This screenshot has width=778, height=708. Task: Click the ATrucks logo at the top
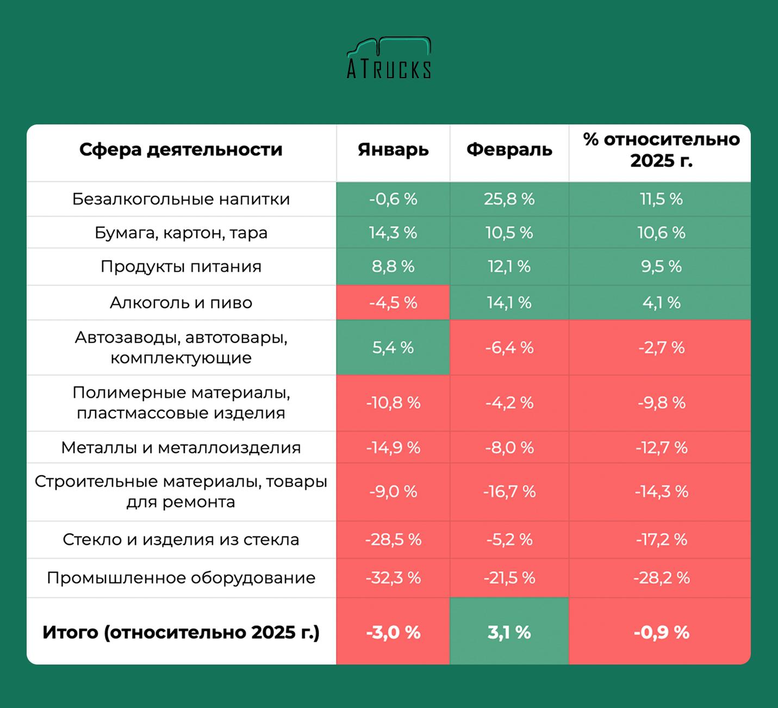tap(389, 59)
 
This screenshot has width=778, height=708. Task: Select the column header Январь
tap(393, 150)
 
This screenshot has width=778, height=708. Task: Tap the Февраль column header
tap(509, 150)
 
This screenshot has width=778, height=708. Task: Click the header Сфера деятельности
tap(181, 150)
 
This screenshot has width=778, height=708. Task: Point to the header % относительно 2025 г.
tap(661, 150)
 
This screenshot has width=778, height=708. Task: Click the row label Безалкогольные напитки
tap(181, 199)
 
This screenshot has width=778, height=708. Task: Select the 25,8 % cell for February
tap(509, 199)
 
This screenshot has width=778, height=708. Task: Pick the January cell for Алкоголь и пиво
tap(393, 303)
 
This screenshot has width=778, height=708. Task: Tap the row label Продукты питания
tap(181, 267)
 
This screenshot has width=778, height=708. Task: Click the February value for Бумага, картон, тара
tap(509, 233)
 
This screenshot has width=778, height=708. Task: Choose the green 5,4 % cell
tap(393, 348)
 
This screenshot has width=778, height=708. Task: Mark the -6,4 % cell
tap(509, 348)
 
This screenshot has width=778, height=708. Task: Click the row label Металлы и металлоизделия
tap(181, 448)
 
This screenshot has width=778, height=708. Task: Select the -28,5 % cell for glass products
tap(393, 540)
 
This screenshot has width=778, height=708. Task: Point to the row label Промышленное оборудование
tap(181, 578)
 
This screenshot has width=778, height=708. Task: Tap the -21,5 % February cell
tap(509, 578)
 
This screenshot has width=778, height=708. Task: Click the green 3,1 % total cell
tap(509, 632)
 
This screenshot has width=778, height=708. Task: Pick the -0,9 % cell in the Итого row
tap(661, 632)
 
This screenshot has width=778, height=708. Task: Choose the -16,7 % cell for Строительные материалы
tap(509, 492)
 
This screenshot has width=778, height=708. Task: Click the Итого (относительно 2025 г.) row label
tap(181, 632)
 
